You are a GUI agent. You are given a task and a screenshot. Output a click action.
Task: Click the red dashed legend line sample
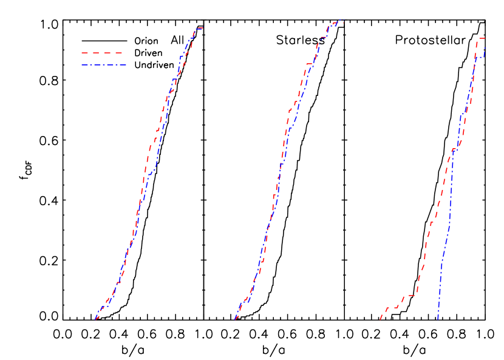[102, 53]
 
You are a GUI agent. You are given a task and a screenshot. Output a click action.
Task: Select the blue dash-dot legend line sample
[103, 64]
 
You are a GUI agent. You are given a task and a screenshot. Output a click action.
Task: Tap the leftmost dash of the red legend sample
[84, 53]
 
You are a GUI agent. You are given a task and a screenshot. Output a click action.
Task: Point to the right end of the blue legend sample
[126, 64]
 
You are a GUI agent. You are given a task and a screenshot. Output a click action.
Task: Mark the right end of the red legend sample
[123, 53]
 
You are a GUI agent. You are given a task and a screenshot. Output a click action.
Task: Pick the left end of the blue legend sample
[81, 64]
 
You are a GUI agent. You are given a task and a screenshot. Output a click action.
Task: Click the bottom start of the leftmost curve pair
[96, 319]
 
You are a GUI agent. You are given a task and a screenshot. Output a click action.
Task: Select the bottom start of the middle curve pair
[235, 319]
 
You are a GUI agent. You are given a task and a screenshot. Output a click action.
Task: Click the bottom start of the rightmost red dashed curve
[380, 319]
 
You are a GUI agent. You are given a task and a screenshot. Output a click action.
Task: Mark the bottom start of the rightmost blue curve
[438, 318]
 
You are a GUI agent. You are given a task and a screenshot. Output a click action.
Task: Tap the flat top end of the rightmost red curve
[481, 38]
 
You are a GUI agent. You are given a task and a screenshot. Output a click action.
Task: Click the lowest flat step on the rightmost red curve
[392, 307]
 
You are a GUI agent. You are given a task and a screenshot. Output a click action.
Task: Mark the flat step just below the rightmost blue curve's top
[480, 57]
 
